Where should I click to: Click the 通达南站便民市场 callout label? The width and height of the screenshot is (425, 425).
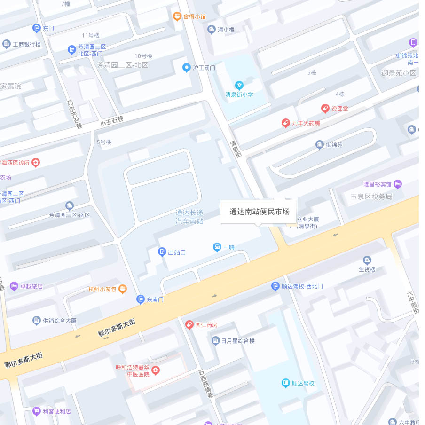(259, 212)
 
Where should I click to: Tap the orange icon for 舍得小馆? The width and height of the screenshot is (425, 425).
(177, 16)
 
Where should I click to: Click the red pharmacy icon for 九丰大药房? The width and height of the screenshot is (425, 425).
(285, 123)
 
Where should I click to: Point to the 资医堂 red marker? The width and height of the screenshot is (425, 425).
(324, 109)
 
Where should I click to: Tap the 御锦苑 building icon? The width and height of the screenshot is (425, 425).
(319, 145)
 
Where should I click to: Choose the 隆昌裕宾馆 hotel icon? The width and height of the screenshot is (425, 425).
(398, 184)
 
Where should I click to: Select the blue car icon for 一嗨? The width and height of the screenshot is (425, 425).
(217, 247)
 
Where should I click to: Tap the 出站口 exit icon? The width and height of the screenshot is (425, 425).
(162, 252)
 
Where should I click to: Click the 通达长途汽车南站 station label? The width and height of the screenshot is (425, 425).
(189, 217)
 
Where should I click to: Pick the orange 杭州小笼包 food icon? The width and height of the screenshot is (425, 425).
(122, 289)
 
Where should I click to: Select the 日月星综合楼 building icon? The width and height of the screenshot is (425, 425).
(215, 340)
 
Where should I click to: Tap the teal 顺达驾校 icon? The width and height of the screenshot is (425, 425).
(285, 383)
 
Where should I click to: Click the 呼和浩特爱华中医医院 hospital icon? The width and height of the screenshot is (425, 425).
(155, 370)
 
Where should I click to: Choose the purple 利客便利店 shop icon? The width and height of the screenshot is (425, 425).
(36, 411)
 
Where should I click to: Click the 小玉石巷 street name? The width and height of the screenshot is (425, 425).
(111, 120)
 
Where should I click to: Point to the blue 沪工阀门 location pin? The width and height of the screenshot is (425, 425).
(186, 68)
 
